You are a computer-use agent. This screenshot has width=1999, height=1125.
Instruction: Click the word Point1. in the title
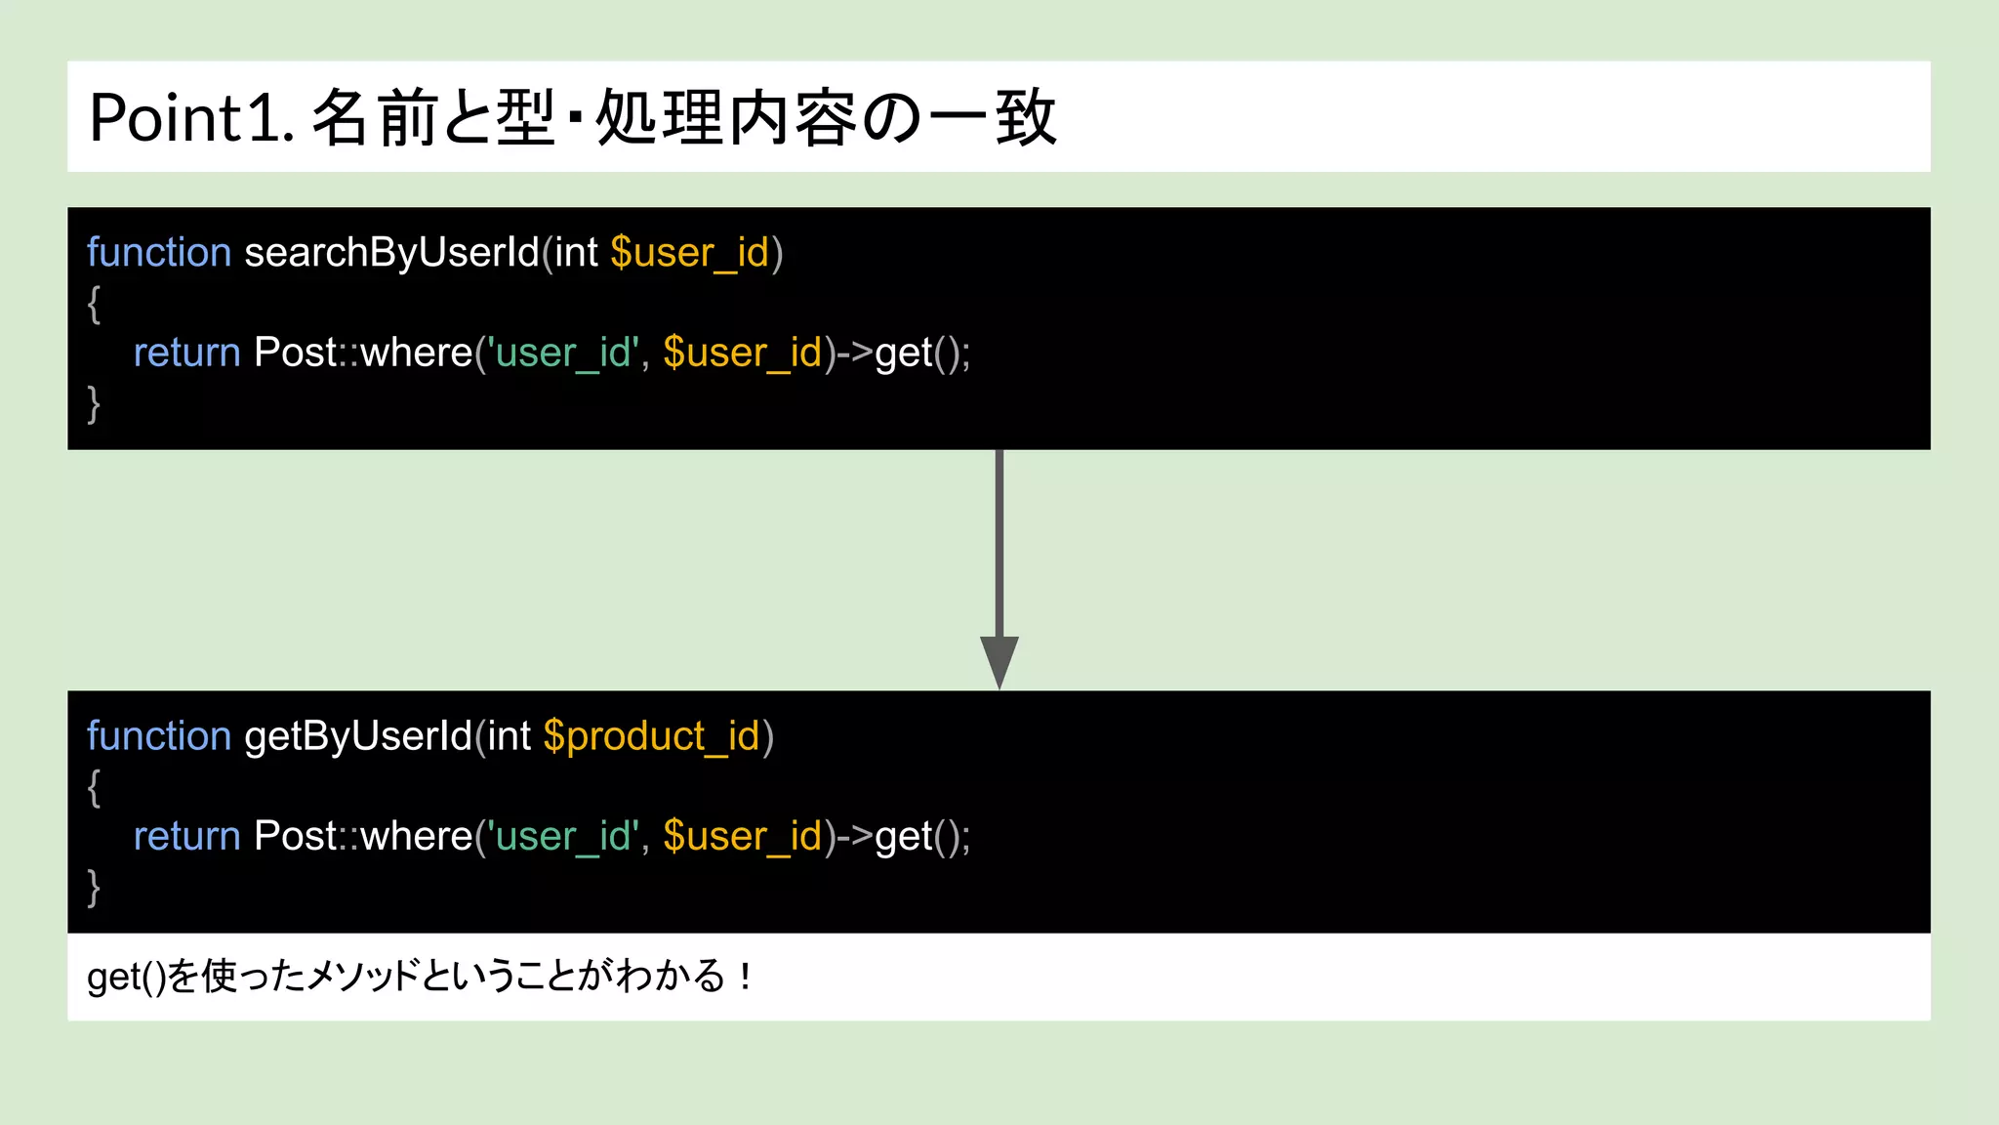[191, 119]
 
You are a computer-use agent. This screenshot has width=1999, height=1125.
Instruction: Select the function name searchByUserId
[391, 253]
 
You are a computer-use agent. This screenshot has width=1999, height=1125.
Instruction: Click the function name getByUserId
[358, 736]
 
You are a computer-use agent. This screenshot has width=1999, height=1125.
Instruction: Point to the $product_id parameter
[651, 736]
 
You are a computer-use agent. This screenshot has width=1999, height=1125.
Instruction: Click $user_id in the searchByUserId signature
[690, 253]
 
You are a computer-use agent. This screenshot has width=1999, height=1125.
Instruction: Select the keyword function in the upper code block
[159, 253]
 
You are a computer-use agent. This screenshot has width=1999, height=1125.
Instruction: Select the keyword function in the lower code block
[159, 736]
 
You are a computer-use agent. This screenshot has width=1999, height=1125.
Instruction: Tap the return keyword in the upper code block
[186, 353]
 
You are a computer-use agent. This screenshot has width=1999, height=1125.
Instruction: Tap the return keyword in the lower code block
[186, 837]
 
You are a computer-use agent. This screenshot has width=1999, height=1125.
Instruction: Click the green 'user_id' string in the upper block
[565, 353]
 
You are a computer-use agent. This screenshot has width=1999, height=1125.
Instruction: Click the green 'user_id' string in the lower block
[565, 837]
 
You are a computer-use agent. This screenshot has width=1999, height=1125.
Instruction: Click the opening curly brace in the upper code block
[94, 304]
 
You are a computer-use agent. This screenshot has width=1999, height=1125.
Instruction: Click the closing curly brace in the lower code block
[94, 888]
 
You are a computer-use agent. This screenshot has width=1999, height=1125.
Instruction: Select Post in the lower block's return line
[295, 837]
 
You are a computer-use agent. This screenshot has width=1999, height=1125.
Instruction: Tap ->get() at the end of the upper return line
[898, 353]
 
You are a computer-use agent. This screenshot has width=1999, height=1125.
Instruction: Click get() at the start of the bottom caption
[126, 977]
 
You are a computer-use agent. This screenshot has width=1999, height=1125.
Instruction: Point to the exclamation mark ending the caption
[746, 976]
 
